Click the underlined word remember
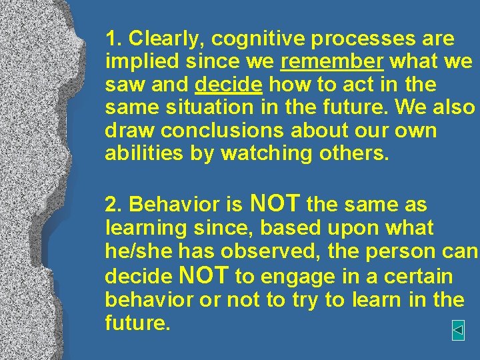(x=332, y=62)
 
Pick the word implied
(x=139, y=62)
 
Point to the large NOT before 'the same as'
(x=275, y=203)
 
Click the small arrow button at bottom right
(x=458, y=329)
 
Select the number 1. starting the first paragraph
(x=113, y=39)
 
